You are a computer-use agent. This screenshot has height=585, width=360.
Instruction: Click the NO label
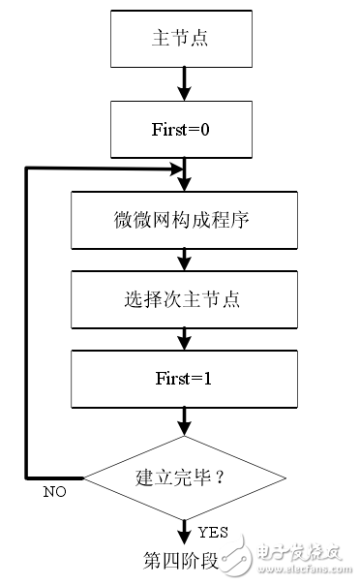coord(55,492)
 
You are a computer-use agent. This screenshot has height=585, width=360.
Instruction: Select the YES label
coord(212,532)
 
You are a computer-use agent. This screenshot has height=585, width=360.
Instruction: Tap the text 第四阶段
coord(181,561)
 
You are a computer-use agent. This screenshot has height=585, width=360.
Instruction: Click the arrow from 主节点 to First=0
coord(183,84)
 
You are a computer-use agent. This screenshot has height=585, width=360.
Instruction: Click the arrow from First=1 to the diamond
coord(183,421)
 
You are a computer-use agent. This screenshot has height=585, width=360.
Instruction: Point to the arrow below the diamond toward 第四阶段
coord(183,530)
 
